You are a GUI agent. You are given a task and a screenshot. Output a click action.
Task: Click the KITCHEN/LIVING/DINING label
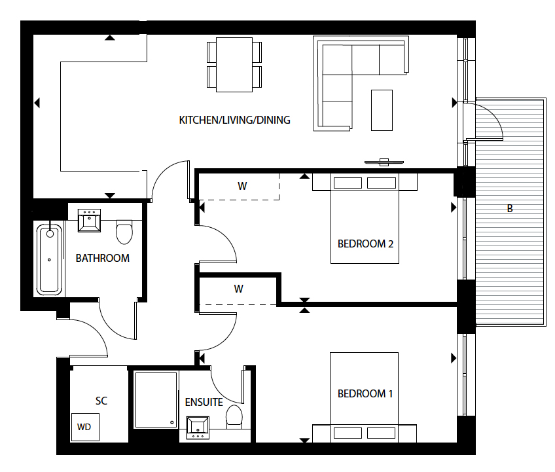click(x=234, y=120)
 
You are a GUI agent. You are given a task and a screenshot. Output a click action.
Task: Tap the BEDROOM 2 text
click(x=365, y=244)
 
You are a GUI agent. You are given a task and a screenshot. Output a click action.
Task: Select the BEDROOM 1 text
click(x=365, y=394)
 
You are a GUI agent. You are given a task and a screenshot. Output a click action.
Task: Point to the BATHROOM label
click(x=103, y=258)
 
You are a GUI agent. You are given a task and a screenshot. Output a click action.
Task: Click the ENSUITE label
click(x=204, y=402)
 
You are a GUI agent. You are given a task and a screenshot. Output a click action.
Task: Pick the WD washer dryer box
click(x=84, y=427)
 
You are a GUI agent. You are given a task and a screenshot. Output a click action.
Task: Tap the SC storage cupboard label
click(x=101, y=401)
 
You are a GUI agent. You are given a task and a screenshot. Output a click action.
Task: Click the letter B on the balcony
click(x=510, y=209)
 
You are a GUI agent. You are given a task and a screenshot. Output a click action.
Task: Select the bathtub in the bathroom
click(x=50, y=259)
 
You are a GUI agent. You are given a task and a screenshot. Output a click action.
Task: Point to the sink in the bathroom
click(x=88, y=221)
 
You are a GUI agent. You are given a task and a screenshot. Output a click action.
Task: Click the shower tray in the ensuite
click(x=156, y=400)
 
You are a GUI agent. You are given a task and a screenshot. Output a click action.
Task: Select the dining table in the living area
click(x=234, y=64)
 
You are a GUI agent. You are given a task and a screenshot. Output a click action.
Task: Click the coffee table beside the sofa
click(x=382, y=109)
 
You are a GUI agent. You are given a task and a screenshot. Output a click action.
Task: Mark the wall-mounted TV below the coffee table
click(x=384, y=162)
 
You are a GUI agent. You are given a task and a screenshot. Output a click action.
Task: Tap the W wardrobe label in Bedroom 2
click(x=242, y=186)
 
